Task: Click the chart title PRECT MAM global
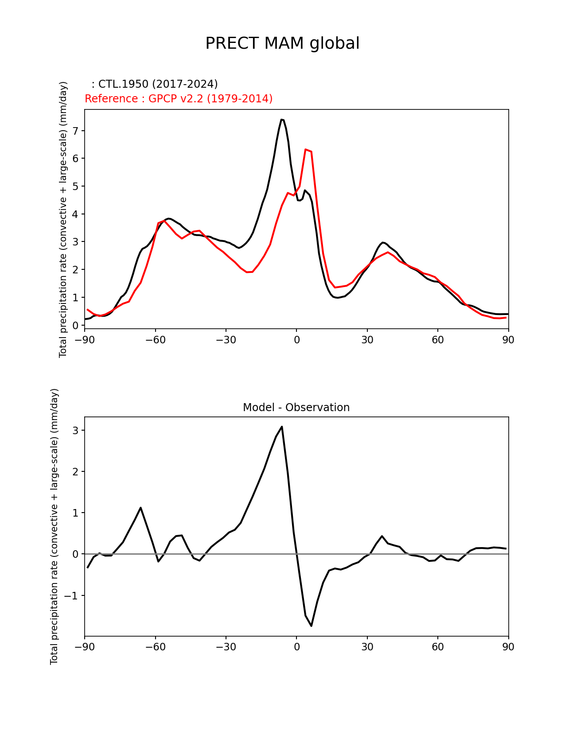click(282, 43)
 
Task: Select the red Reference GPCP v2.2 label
click(179, 99)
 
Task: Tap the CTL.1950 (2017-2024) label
click(155, 84)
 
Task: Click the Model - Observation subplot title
click(296, 408)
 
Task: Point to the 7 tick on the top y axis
click(75, 131)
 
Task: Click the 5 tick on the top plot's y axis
click(75, 186)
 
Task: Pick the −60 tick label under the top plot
click(155, 339)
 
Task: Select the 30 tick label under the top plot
click(367, 339)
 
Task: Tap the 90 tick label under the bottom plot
click(508, 647)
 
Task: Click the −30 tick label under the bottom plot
click(226, 647)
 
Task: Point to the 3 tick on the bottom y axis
click(75, 431)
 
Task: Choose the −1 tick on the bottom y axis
click(73, 595)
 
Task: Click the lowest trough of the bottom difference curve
click(312, 626)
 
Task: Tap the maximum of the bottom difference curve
click(282, 427)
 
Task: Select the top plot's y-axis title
click(63, 219)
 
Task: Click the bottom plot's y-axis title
click(54, 526)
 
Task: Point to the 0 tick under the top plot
click(296, 339)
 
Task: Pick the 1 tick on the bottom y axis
click(75, 513)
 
